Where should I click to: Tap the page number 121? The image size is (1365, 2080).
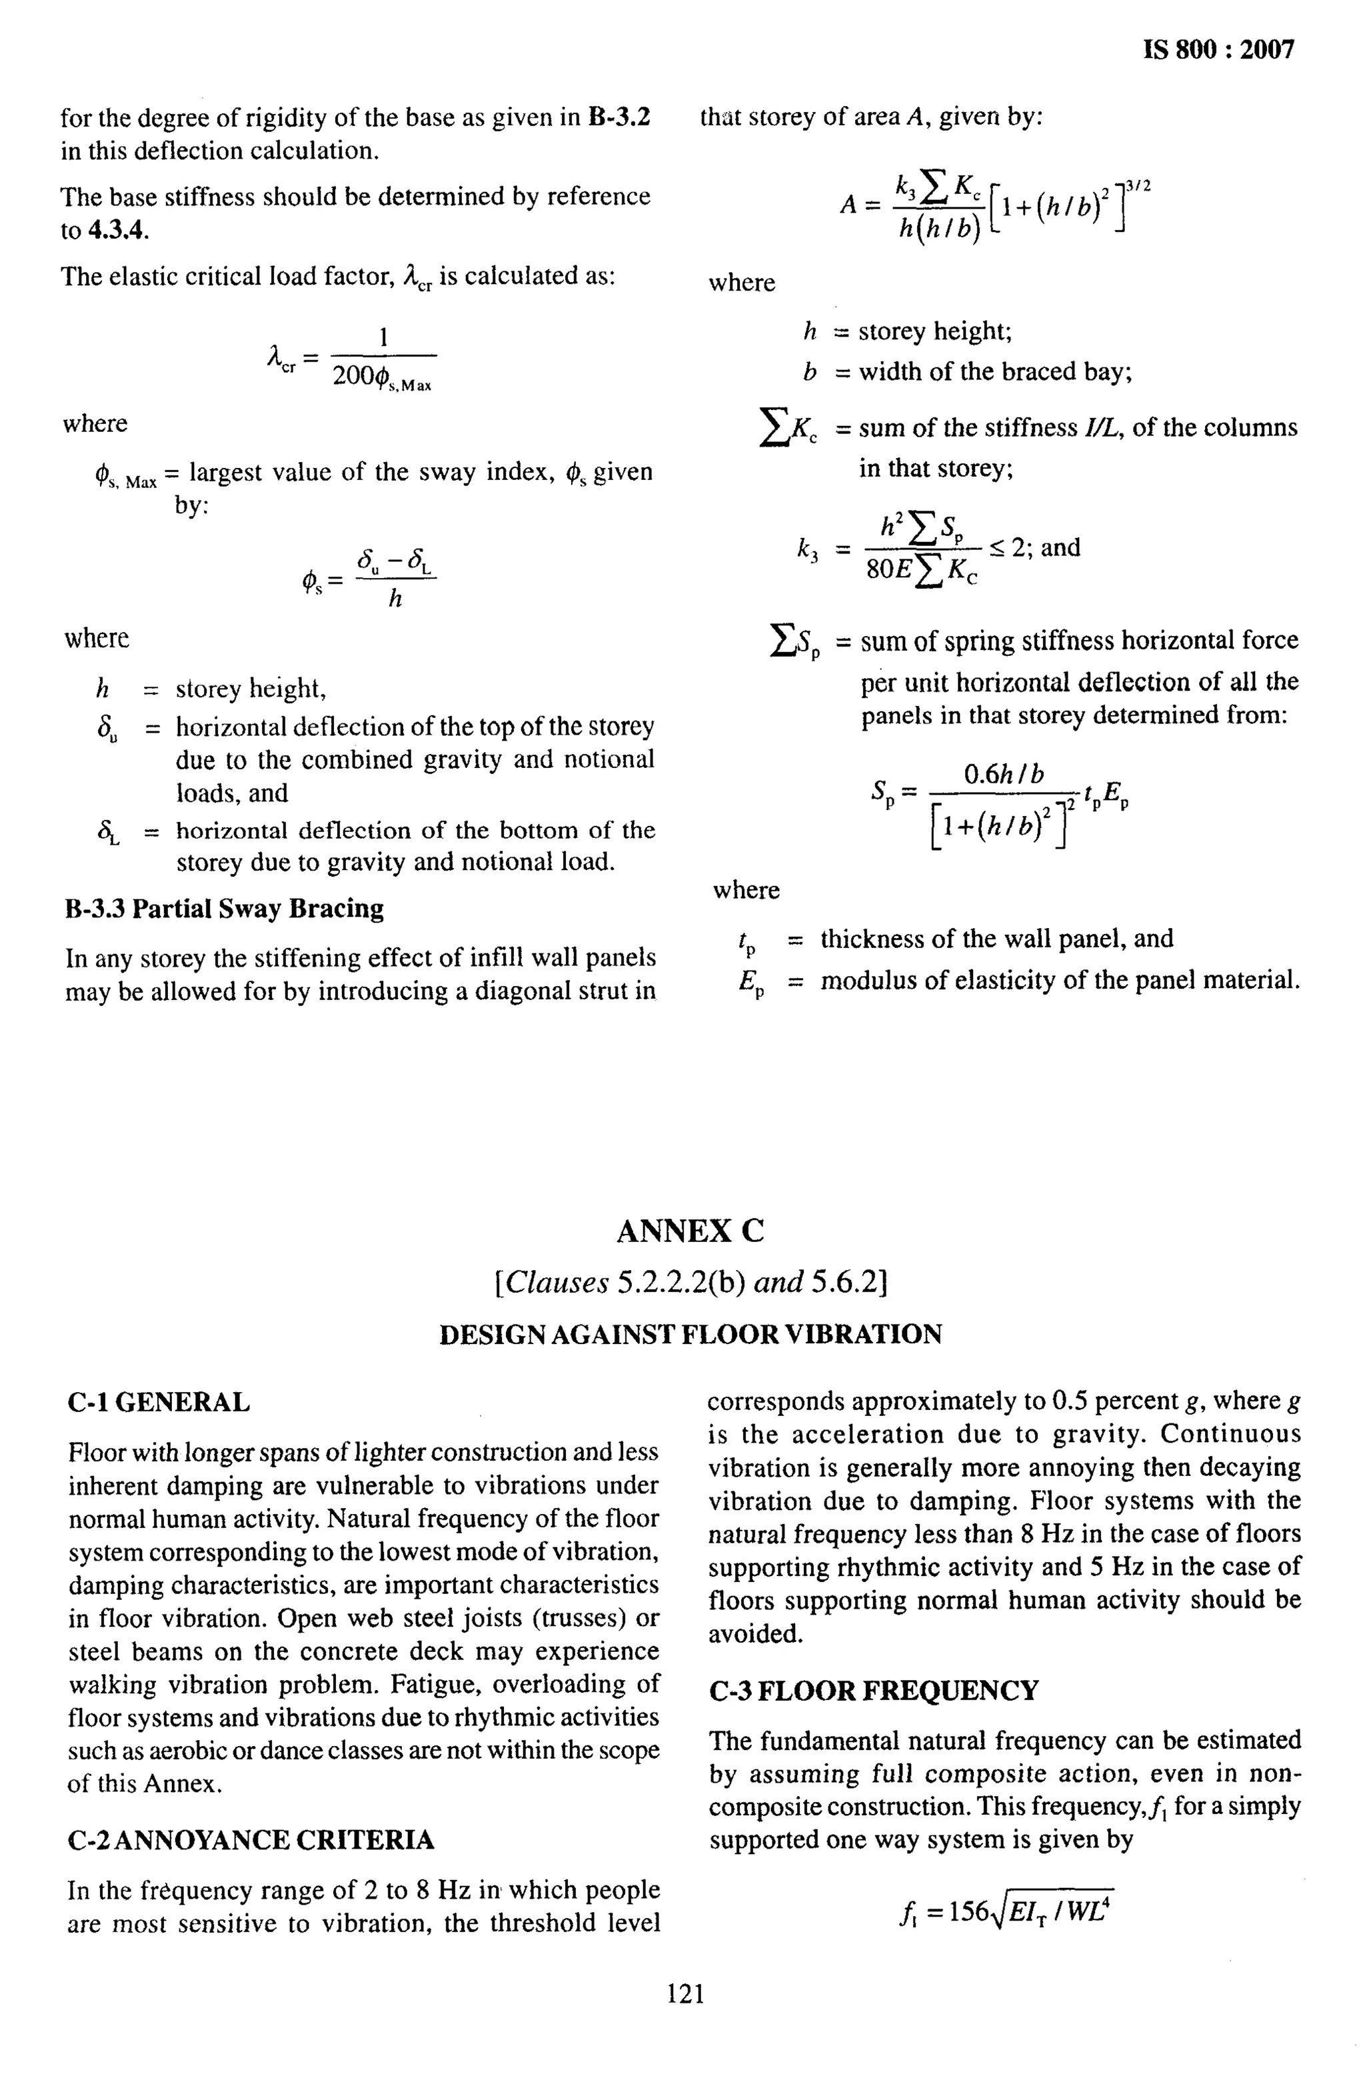point(685,1993)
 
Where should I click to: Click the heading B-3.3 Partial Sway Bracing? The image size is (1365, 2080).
point(225,909)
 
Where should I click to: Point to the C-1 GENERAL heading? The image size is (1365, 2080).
point(159,1402)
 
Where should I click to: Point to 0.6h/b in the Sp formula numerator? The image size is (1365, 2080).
point(1003,774)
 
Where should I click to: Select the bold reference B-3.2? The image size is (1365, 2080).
point(619,117)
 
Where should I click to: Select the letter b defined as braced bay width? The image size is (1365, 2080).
point(810,372)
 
